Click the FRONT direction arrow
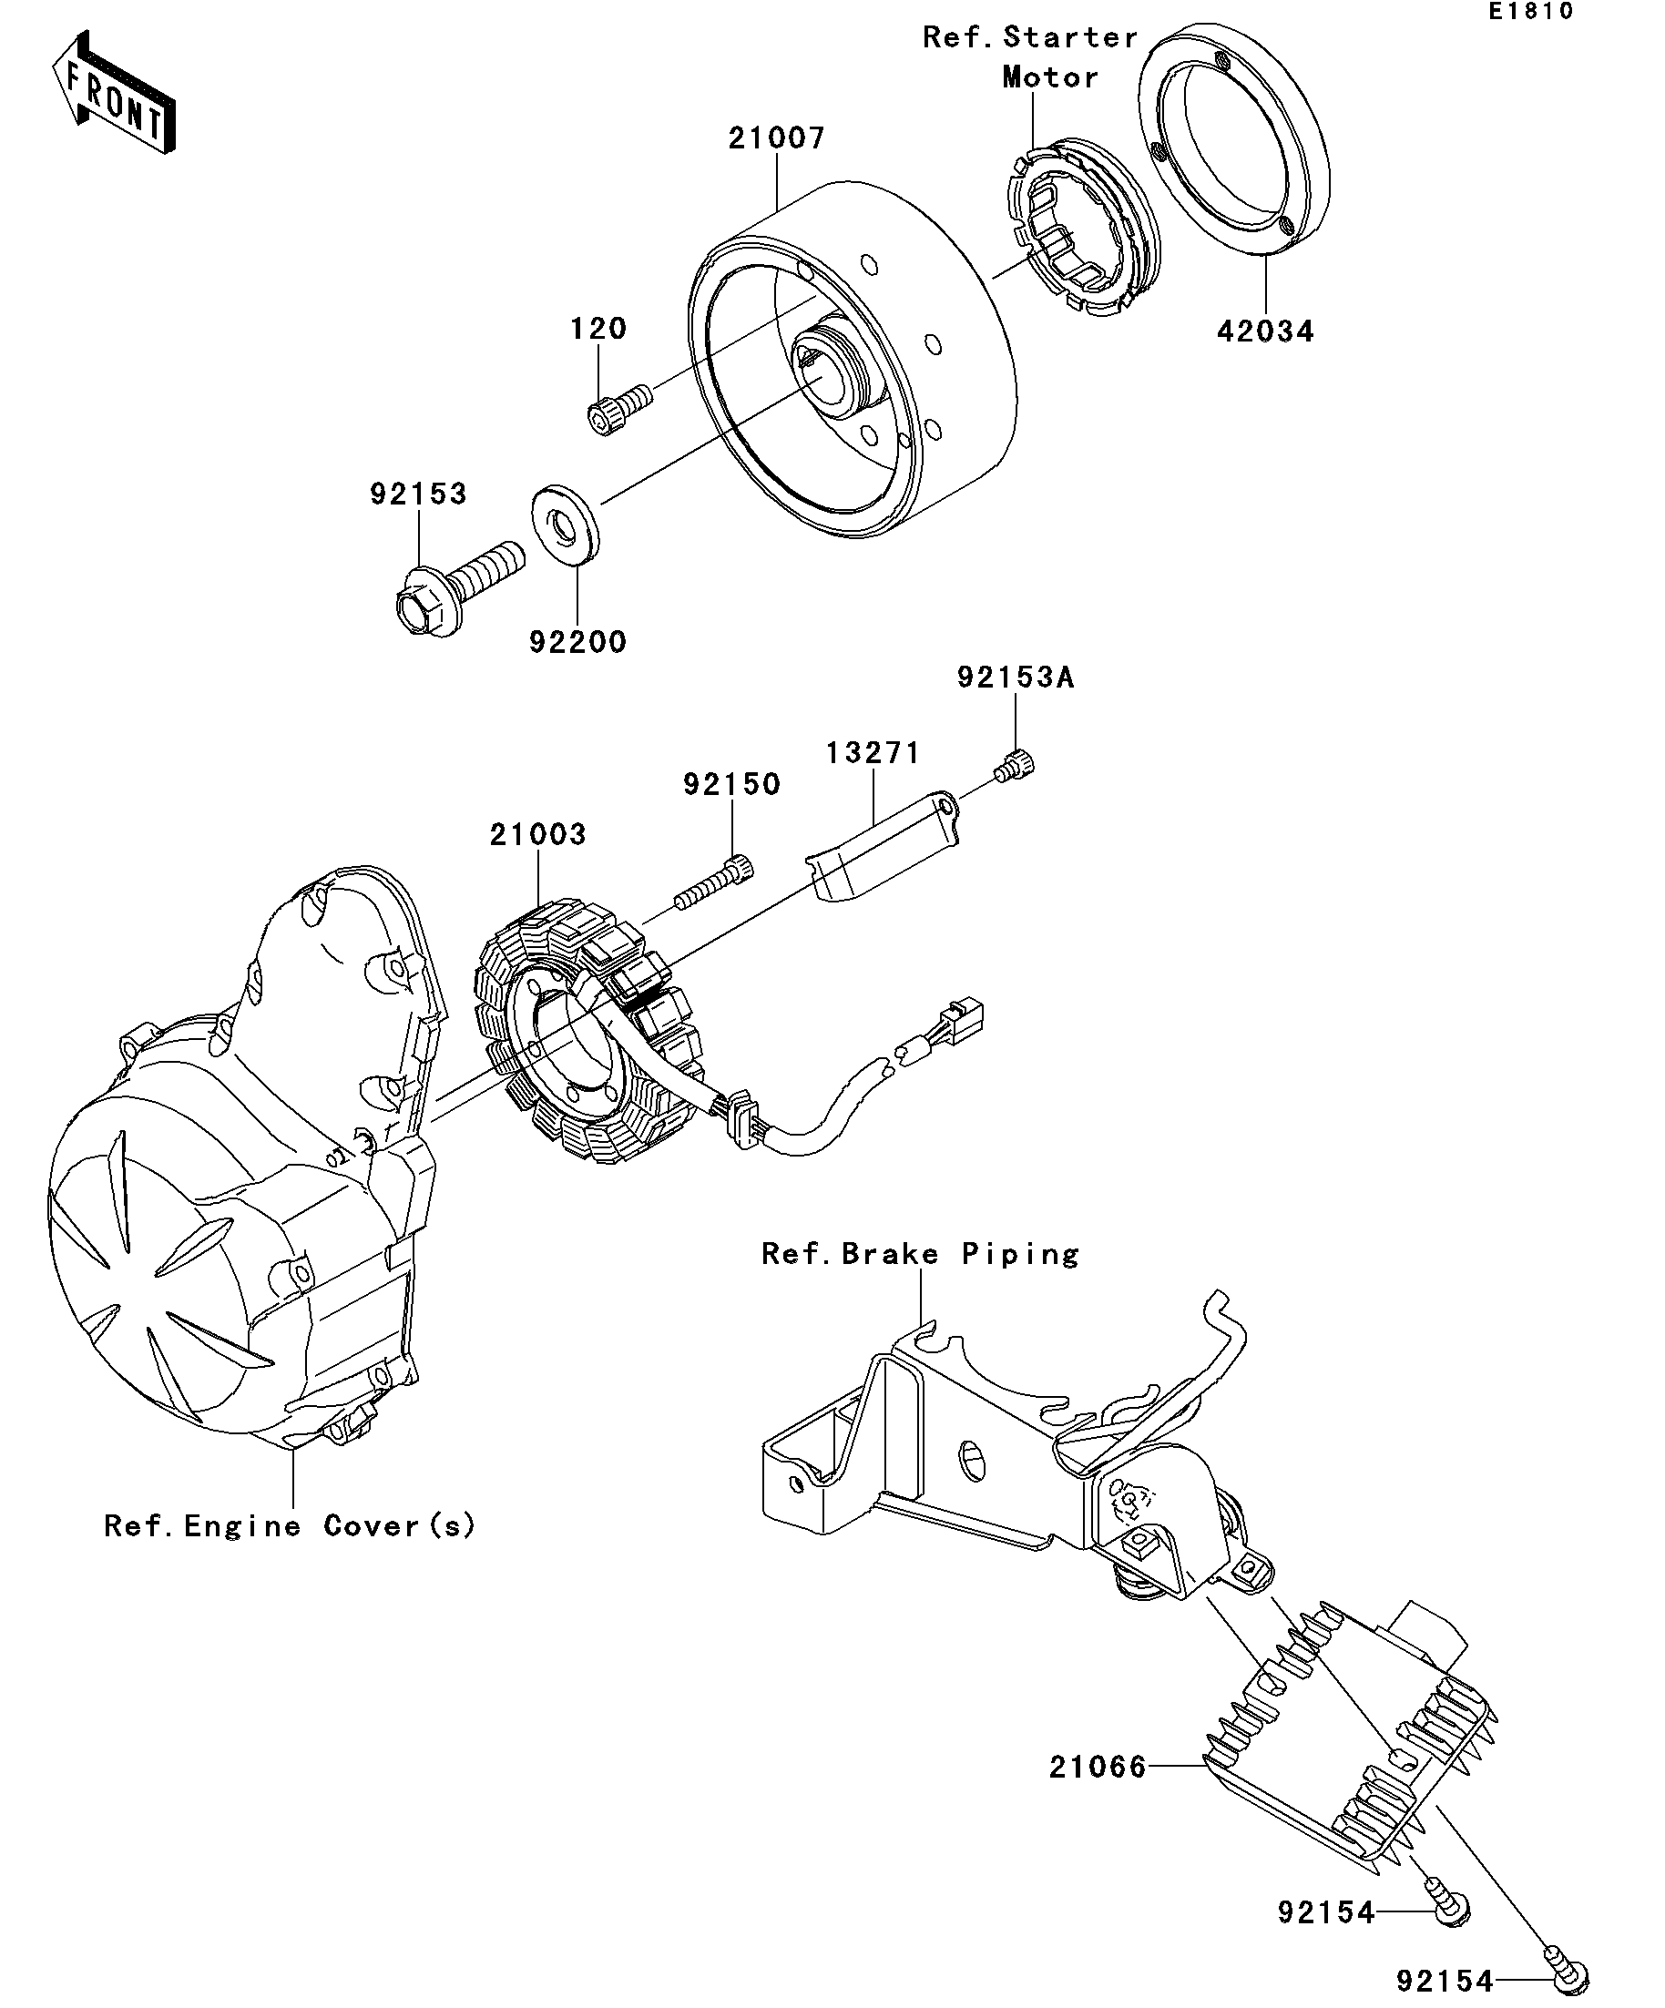114,93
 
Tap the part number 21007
777,138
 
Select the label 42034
1265,331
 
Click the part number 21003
537,835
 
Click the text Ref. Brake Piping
920,1254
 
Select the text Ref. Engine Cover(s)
290,1526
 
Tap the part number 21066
1097,1767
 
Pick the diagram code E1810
1530,12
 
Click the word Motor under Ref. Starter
1050,77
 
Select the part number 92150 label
731,784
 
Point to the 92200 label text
577,642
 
